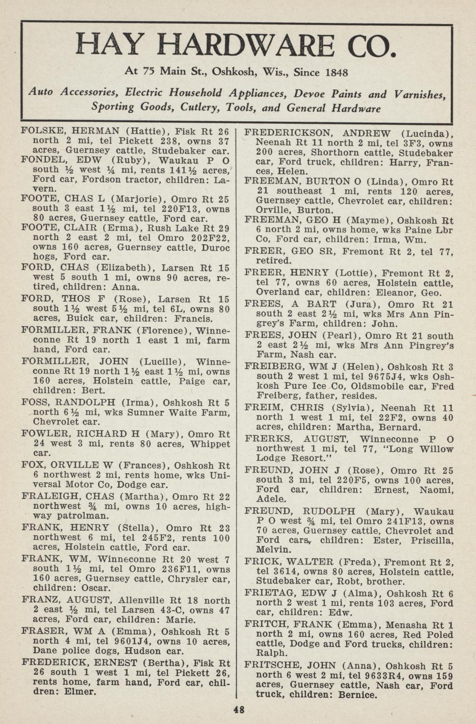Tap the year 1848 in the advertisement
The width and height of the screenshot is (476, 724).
pos(333,72)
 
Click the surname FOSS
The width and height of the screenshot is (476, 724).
pos(35,403)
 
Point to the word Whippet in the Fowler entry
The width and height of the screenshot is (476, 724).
pos(210,444)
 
